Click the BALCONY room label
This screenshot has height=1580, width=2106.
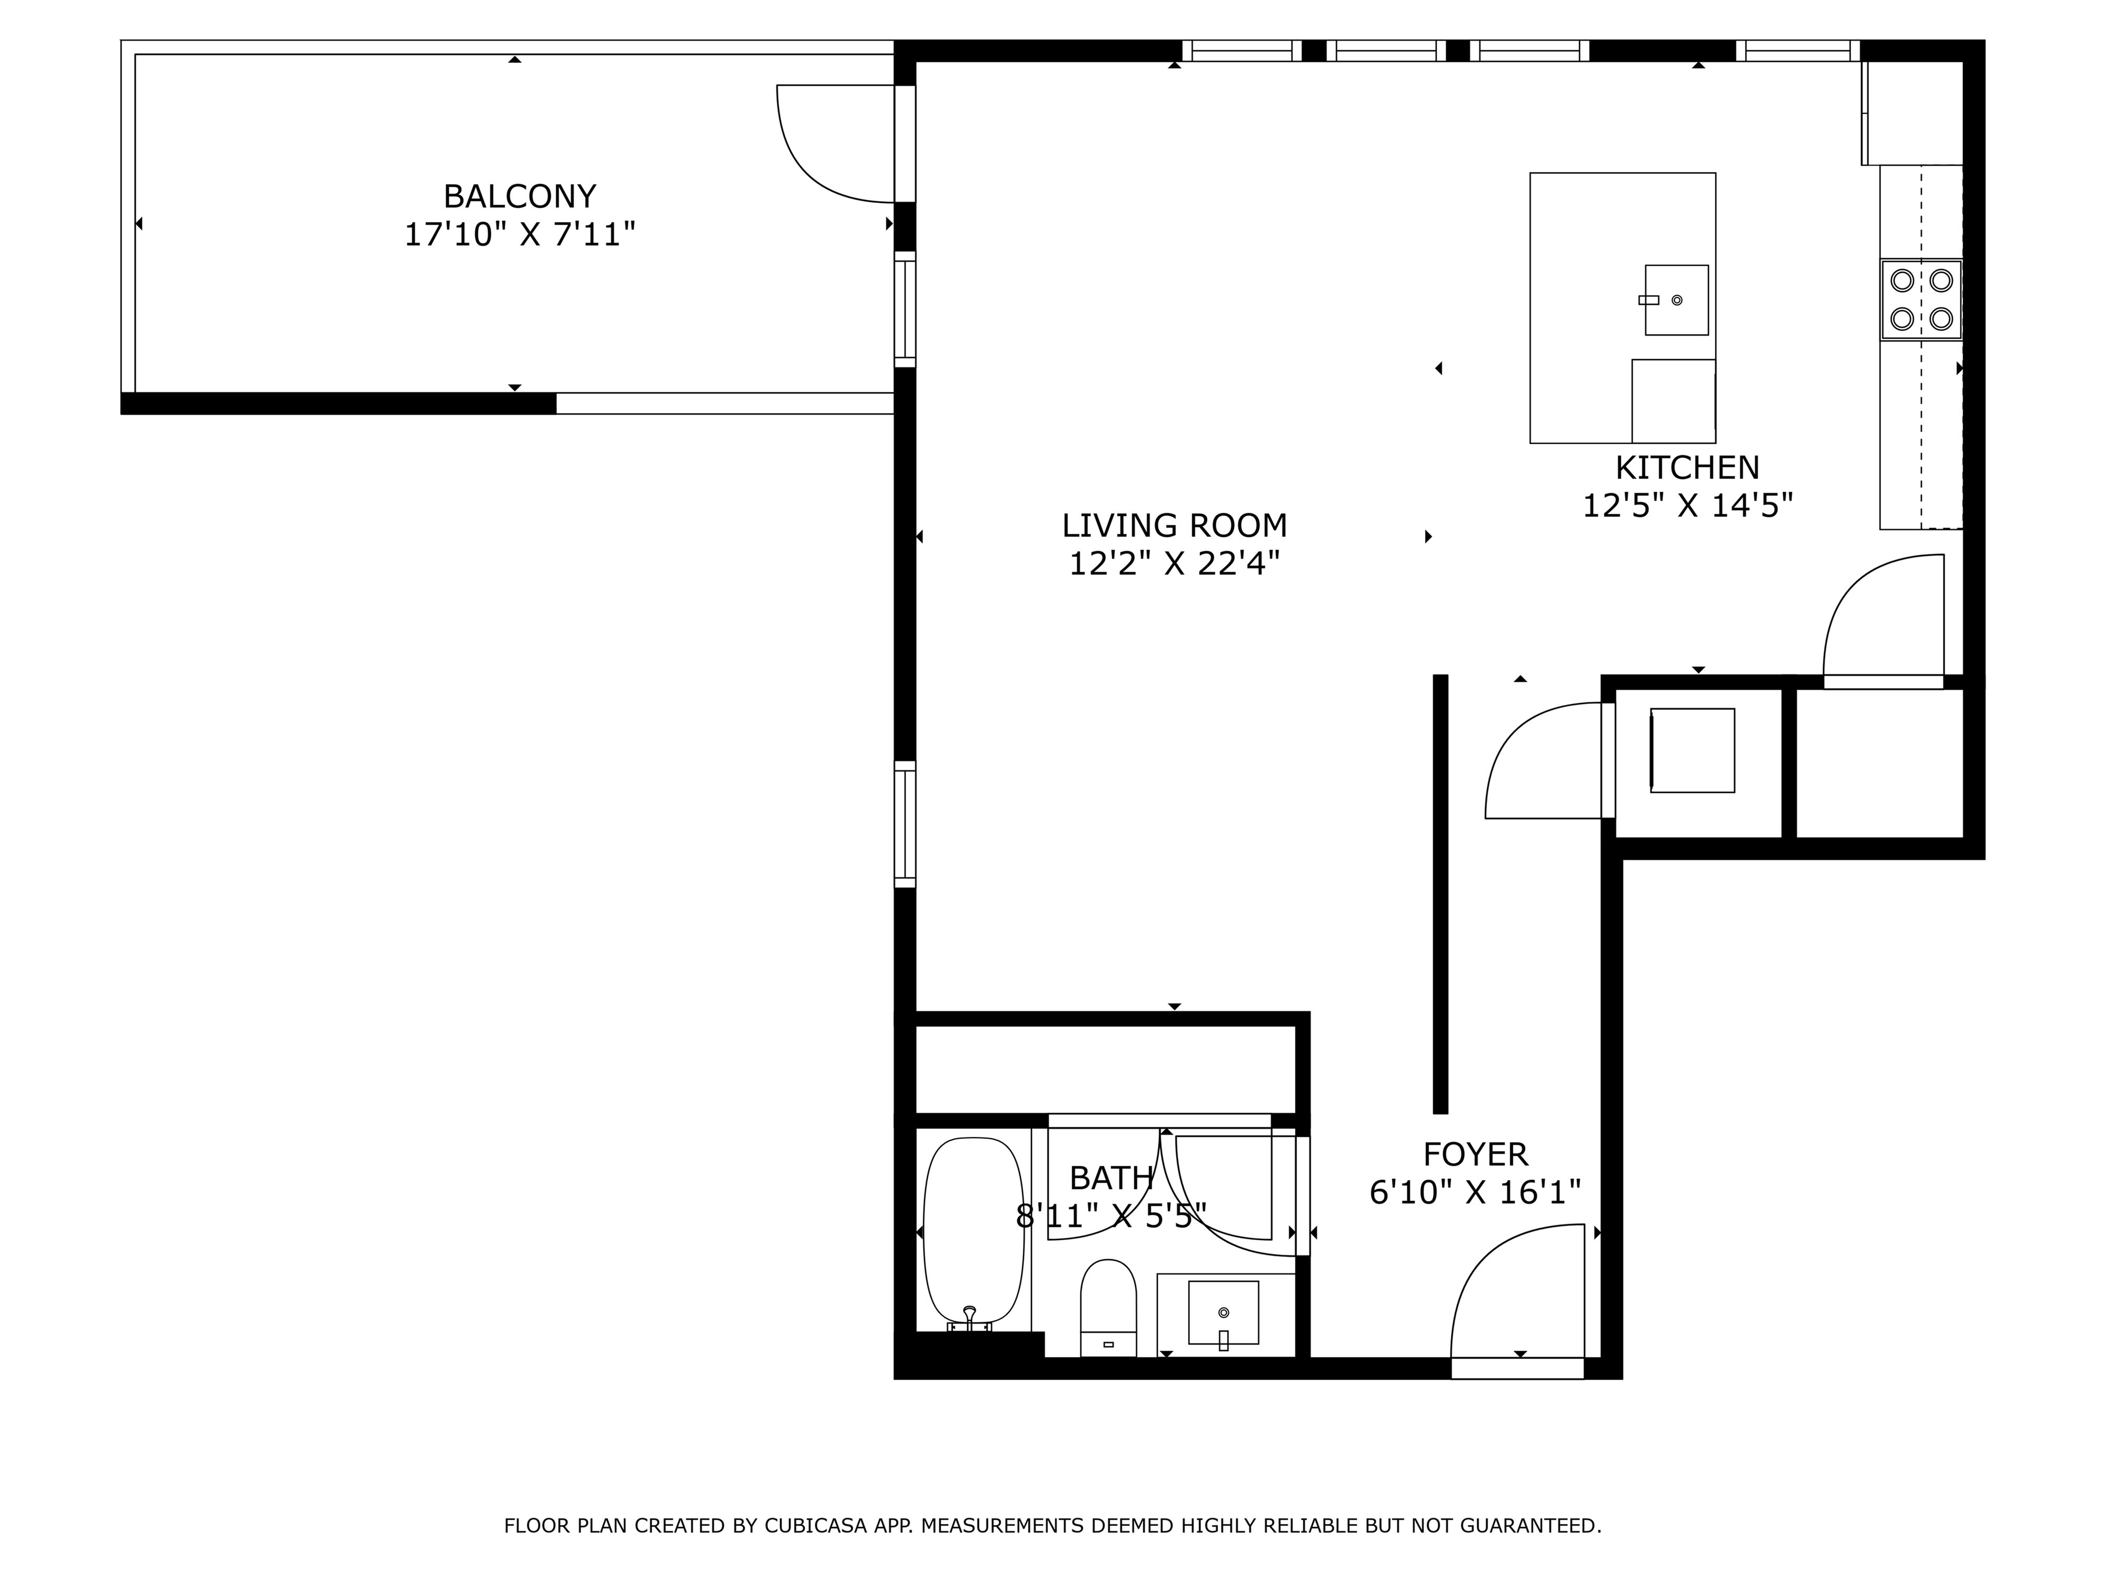[x=520, y=196]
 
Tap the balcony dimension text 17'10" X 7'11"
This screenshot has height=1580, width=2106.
[x=520, y=234]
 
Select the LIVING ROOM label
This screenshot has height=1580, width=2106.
[x=1174, y=526]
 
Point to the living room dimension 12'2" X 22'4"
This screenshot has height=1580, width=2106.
[x=1174, y=564]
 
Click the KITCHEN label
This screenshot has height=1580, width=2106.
[x=1687, y=468]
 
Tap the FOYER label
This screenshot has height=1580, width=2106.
[x=1475, y=1154]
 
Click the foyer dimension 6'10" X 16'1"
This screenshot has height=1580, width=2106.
[x=1475, y=1192]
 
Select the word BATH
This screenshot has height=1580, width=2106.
[x=1111, y=1178]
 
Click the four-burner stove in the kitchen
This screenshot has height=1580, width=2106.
[x=1920, y=299]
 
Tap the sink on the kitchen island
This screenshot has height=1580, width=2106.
[x=1676, y=300]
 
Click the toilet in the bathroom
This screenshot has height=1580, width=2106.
[x=1108, y=1308]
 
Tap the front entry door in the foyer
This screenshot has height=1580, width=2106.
[x=1517, y=1290]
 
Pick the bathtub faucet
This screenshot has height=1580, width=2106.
[x=969, y=1319]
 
